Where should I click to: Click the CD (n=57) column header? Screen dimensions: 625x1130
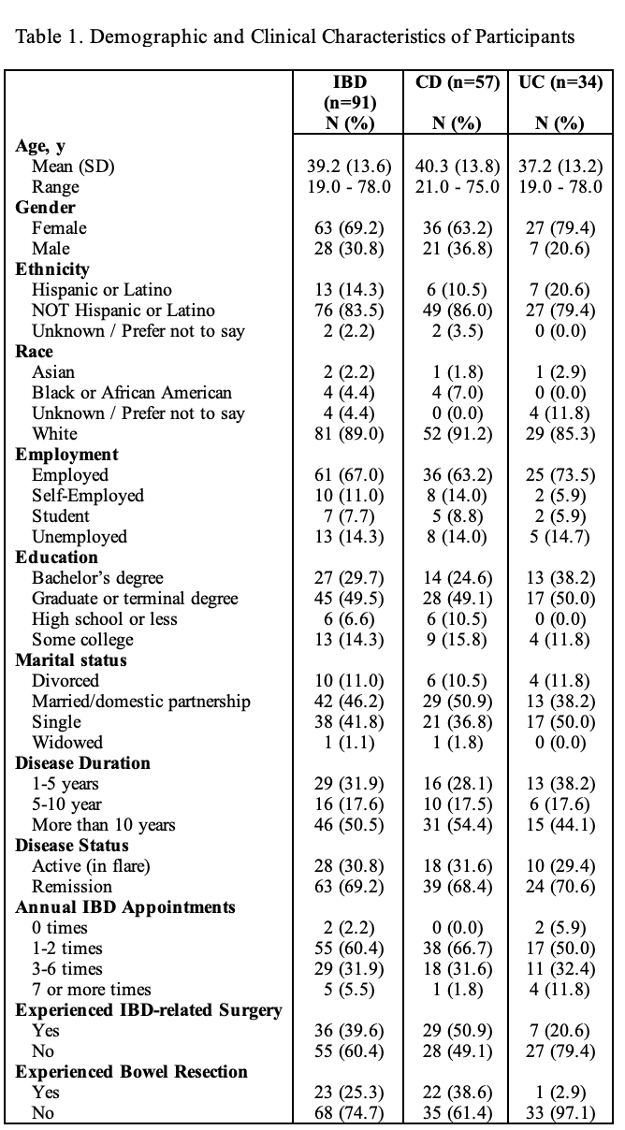(457, 81)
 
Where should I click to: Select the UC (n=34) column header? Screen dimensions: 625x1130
(560, 81)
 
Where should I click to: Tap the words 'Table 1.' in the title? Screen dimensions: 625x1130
(50, 36)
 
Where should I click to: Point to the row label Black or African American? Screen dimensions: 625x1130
(132, 393)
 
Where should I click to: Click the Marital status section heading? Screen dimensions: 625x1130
(71, 659)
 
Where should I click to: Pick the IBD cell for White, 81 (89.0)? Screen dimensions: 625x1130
(349, 434)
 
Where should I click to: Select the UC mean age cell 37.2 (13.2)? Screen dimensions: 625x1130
(560, 166)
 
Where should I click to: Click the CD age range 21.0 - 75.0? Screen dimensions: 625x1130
(457, 187)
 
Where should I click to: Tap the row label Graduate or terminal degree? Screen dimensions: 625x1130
(135, 599)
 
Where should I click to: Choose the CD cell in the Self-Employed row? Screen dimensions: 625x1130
(457, 496)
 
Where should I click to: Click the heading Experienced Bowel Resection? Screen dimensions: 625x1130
(131, 1071)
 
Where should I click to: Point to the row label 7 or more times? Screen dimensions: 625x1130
(92, 990)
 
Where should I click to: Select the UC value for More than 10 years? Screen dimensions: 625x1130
(560, 825)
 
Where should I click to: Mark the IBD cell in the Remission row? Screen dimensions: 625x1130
(349, 887)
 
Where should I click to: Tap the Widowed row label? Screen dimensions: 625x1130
(67, 742)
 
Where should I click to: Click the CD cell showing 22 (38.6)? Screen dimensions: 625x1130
(457, 1093)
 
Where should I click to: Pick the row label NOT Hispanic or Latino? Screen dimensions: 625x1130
(124, 311)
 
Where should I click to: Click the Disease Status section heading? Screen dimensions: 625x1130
(72, 845)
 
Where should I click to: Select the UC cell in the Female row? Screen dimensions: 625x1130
(560, 228)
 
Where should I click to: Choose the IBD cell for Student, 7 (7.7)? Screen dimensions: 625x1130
(349, 516)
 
